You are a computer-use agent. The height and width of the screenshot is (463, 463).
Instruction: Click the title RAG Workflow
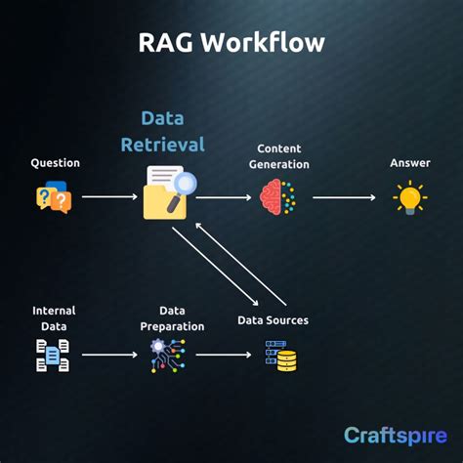pyautogui.click(x=231, y=42)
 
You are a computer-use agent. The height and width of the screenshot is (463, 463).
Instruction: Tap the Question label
pyautogui.click(x=55, y=163)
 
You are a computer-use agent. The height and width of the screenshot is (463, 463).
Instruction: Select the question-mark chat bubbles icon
pyautogui.click(x=54, y=197)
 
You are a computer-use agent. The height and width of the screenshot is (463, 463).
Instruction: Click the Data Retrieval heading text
pyautogui.click(x=162, y=131)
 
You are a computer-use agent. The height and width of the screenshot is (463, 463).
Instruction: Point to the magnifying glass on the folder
pyautogui.click(x=179, y=185)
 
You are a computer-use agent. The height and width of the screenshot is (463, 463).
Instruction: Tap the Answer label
pyautogui.click(x=409, y=163)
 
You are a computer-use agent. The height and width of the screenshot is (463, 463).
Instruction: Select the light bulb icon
pyautogui.click(x=409, y=197)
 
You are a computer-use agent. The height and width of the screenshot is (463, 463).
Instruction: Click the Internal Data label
pyautogui.click(x=54, y=318)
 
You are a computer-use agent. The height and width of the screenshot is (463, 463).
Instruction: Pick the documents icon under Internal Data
pyautogui.click(x=53, y=355)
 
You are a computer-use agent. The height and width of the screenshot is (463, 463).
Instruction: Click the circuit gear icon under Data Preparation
pyautogui.click(x=167, y=355)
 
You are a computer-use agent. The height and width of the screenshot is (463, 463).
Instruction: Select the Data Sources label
pyautogui.click(x=274, y=320)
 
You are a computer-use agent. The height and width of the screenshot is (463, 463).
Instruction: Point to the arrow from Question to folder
pyautogui.click(x=109, y=197)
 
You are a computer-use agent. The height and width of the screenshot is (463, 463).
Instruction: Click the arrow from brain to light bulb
pyautogui.click(x=344, y=197)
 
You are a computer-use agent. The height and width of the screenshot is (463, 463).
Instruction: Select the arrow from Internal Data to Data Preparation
pyautogui.click(x=109, y=355)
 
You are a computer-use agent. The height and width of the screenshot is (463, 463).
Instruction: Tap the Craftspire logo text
pyautogui.click(x=395, y=435)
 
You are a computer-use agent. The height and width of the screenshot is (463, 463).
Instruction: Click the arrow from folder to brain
pyautogui.click(x=223, y=197)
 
